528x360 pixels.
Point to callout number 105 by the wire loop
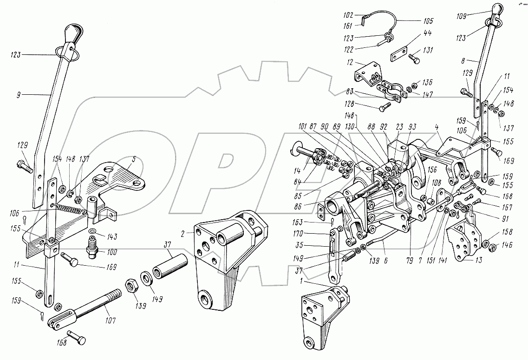point(428,21)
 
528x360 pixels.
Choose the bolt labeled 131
point(414,59)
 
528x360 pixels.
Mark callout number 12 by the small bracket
point(350,62)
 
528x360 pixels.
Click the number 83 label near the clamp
point(350,92)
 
